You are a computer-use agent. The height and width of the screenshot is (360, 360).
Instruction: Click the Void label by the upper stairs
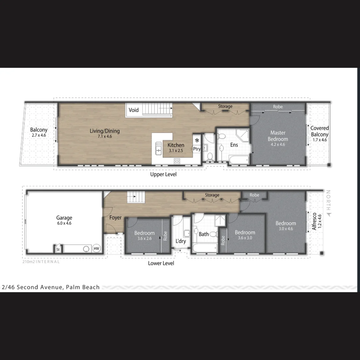[x=134, y=110]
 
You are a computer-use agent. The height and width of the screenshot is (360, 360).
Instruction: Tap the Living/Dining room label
[x=105, y=131]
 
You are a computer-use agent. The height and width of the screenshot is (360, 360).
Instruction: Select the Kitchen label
[x=176, y=145]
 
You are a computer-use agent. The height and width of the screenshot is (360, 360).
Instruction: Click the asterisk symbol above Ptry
[x=197, y=140]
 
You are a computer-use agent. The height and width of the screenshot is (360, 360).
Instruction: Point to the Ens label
[x=234, y=145]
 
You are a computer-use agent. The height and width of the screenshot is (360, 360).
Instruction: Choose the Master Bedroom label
[x=278, y=136]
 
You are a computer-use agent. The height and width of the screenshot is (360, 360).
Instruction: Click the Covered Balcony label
[x=319, y=131]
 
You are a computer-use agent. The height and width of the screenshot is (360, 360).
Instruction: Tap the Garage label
[x=64, y=218]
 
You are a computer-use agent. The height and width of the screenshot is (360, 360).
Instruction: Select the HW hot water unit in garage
[x=96, y=248]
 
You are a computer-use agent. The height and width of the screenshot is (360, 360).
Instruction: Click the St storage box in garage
[x=58, y=249]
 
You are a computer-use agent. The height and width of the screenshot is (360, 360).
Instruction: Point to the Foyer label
[x=115, y=218]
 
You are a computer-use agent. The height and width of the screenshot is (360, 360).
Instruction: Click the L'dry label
[x=181, y=241]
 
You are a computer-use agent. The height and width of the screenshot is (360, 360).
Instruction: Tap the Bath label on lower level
[x=204, y=234]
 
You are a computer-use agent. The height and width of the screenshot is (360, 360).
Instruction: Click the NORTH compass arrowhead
[x=329, y=214]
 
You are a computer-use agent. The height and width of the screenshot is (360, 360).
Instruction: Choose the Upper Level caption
[x=163, y=174]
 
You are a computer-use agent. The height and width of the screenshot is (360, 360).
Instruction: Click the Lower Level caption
[x=161, y=263]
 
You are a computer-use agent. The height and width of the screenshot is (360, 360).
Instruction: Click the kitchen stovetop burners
[x=177, y=161]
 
